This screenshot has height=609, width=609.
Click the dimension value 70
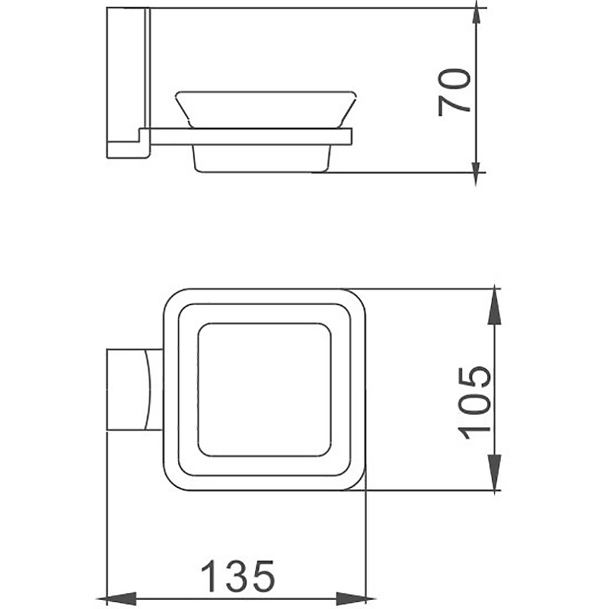(454, 92)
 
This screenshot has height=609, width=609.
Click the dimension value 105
(474, 403)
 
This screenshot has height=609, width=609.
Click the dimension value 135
(238, 576)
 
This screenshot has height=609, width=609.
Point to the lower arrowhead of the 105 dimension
(494, 472)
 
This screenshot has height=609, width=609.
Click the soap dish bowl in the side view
(266, 110)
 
